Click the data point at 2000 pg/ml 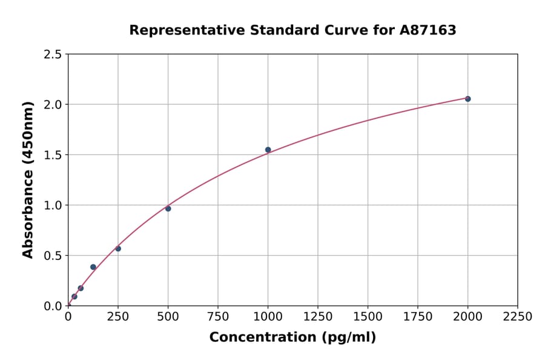467,99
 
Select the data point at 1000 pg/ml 268,150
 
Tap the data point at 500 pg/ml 168,208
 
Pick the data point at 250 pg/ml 118,248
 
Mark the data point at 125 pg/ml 93,267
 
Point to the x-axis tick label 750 218,317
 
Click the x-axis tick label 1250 318,317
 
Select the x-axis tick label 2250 518,317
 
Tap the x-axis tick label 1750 418,317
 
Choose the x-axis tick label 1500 368,317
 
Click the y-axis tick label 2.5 53,55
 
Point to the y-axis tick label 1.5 53,155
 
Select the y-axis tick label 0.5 53,256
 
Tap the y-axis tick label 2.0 53,105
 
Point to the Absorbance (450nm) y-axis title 28,179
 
